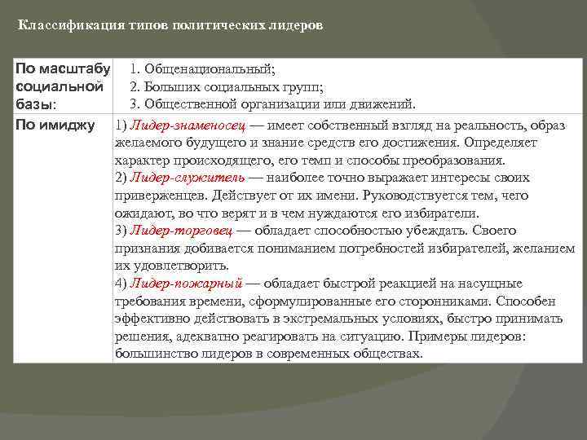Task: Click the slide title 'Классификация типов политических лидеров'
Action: pyautogui.click(x=170, y=25)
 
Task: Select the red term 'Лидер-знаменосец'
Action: pyautogui.click(x=176, y=125)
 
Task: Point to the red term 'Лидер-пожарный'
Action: pyautogui.click(x=184, y=284)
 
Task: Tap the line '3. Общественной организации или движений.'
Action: pyautogui.click(x=273, y=104)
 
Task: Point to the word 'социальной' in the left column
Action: pyautogui.click(x=59, y=86)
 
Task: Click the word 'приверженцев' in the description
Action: pyautogui.click(x=161, y=196)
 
